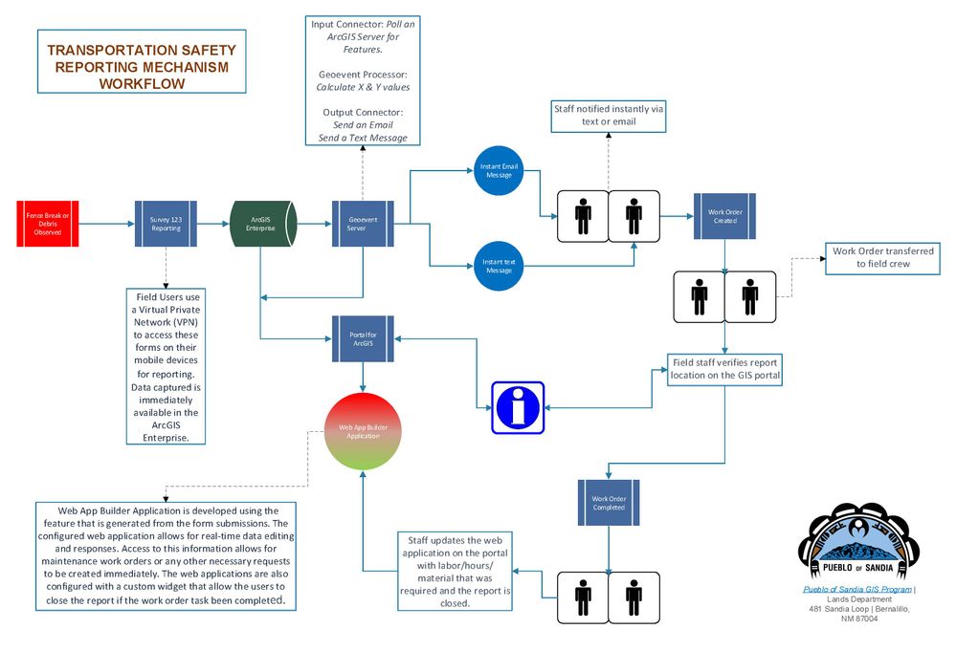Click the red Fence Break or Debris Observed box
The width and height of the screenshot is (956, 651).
pyautogui.click(x=47, y=224)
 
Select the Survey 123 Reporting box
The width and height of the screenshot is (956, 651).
pyautogui.click(x=165, y=224)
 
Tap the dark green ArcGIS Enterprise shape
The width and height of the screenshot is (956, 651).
pyautogui.click(x=260, y=224)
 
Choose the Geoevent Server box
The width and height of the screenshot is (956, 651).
pyautogui.click(x=363, y=224)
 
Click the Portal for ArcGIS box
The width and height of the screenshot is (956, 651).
pyautogui.click(x=363, y=338)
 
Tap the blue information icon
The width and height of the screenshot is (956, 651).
pyautogui.click(x=518, y=407)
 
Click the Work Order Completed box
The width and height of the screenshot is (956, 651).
pyautogui.click(x=609, y=503)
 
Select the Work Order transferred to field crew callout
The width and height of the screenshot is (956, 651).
pyautogui.click(x=883, y=258)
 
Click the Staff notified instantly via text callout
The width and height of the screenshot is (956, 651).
pyautogui.click(x=608, y=116)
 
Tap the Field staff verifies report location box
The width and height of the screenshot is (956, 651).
pyautogui.click(x=724, y=369)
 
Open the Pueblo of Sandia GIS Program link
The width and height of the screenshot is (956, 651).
pyautogui.click(x=856, y=590)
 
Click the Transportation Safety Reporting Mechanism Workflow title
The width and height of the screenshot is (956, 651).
pyautogui.click(x=142, y=66)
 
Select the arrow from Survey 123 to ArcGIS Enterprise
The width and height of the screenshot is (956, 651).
pyautogui.click(x=211, y=224)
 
